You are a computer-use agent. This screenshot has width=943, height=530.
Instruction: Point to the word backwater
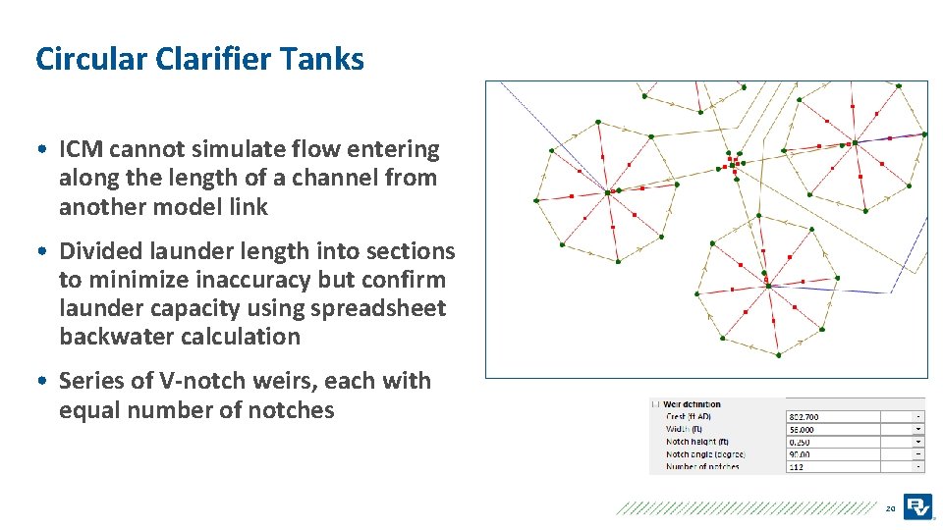(x=122, y=337)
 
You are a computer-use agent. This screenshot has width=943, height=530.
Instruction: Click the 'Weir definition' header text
(x=693, y=404)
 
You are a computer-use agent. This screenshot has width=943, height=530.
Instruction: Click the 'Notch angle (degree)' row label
(x=704, y=454)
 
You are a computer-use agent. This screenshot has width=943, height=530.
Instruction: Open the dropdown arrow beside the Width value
(x=917, y=429)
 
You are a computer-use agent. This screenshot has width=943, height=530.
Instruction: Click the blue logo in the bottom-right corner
(x=917, y=506)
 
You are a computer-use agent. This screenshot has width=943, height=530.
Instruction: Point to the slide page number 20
(x=890, y=508)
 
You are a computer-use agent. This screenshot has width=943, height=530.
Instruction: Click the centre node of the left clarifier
(x=607, y=192)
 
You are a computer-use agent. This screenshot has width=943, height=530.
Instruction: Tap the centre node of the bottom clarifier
(x=768, y=286)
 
